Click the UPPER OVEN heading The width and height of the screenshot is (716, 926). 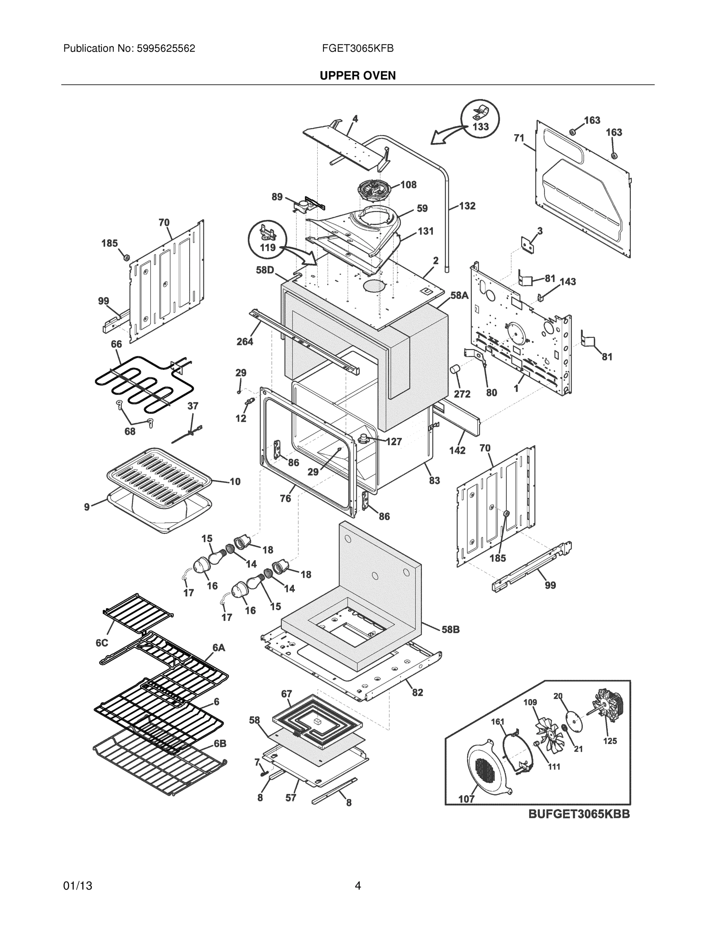357,76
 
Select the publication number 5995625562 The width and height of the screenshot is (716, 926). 166,49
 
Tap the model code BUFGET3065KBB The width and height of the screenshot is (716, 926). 579,814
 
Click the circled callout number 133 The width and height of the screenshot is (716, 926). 481,127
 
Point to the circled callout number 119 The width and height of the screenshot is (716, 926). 267,248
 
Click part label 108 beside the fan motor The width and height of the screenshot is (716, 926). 408,185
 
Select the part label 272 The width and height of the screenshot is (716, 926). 462,394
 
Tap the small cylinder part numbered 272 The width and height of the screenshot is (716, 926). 455,368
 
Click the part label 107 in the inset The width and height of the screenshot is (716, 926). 466,799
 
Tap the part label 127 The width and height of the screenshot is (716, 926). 394,442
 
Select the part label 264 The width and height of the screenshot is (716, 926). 245,341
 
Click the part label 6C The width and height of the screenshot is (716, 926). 102,643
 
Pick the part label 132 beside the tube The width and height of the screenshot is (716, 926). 467,206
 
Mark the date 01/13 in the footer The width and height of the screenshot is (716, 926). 78,886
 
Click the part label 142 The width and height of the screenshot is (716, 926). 457,450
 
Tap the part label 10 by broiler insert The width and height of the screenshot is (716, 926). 235,481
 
